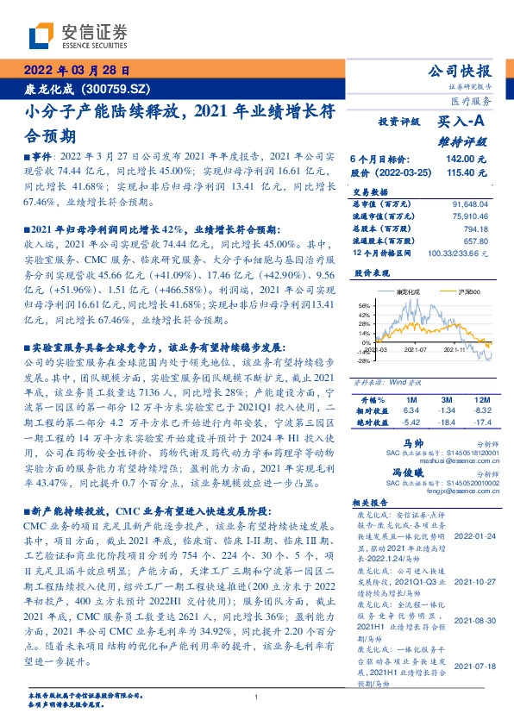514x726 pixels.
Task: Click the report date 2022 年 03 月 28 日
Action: click(76, 72)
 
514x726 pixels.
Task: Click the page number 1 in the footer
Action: click(256, 698)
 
